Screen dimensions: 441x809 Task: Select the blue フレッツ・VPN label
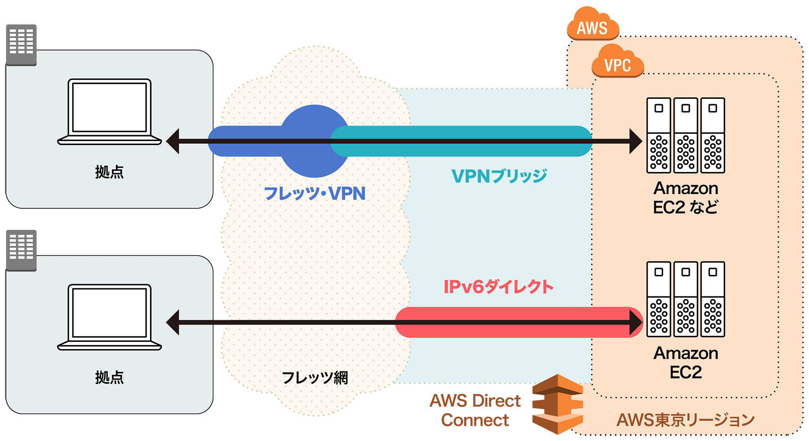coord(315,194)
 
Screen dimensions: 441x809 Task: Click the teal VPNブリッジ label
coord(499,176)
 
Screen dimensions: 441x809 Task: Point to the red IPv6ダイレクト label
coord(498,287)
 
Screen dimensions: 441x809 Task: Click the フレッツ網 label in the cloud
coord(315,378)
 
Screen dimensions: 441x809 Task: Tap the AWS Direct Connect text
coord(476,410)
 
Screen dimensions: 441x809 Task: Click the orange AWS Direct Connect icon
coord(558,404)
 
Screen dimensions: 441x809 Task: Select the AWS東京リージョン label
coord(685,420)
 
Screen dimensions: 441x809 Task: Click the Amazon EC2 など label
coord(685,198)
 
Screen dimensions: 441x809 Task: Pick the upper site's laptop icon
coord(109,112)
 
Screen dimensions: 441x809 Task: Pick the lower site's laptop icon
coord(109,317)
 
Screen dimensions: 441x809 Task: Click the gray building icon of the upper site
coord(21,44)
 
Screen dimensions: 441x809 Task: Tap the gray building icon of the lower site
coord(21,250)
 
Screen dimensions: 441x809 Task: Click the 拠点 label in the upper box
coord(109,172)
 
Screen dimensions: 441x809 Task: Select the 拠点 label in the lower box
coord(109,377)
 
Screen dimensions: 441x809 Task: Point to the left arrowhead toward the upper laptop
coord(173,141)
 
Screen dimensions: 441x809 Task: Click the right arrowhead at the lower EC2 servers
coord(636,322)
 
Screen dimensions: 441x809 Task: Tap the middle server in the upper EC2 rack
coord(685,135)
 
